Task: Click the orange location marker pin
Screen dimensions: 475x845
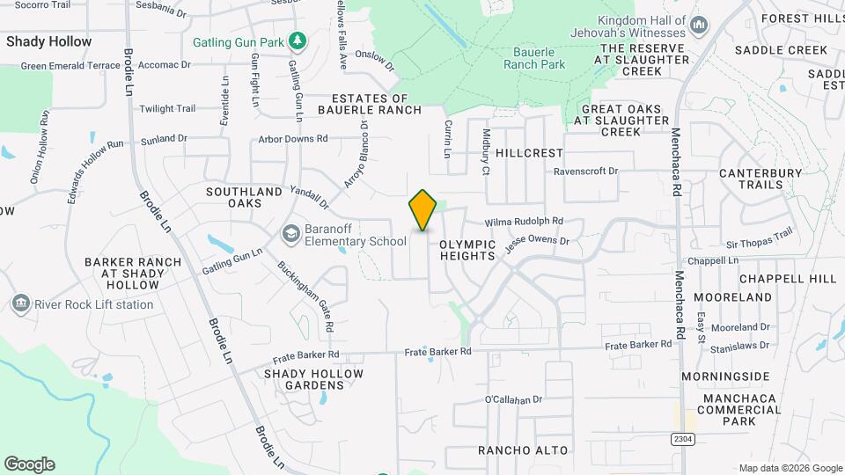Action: [422, 210]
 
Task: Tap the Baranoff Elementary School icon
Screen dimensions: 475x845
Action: [290, 234]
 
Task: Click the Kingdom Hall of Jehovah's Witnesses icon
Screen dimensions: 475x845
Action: [700, 25]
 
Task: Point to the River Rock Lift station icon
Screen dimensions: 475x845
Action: [20, 304]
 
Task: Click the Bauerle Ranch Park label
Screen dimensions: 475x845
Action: [534, 58]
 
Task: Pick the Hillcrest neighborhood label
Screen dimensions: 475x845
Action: [528, 152]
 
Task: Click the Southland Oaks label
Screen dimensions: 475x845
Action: [234, 197]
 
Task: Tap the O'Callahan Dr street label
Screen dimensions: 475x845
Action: [513, 399]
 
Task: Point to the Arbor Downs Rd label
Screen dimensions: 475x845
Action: [292, 139]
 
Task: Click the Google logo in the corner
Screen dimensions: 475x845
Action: [30, 464]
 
